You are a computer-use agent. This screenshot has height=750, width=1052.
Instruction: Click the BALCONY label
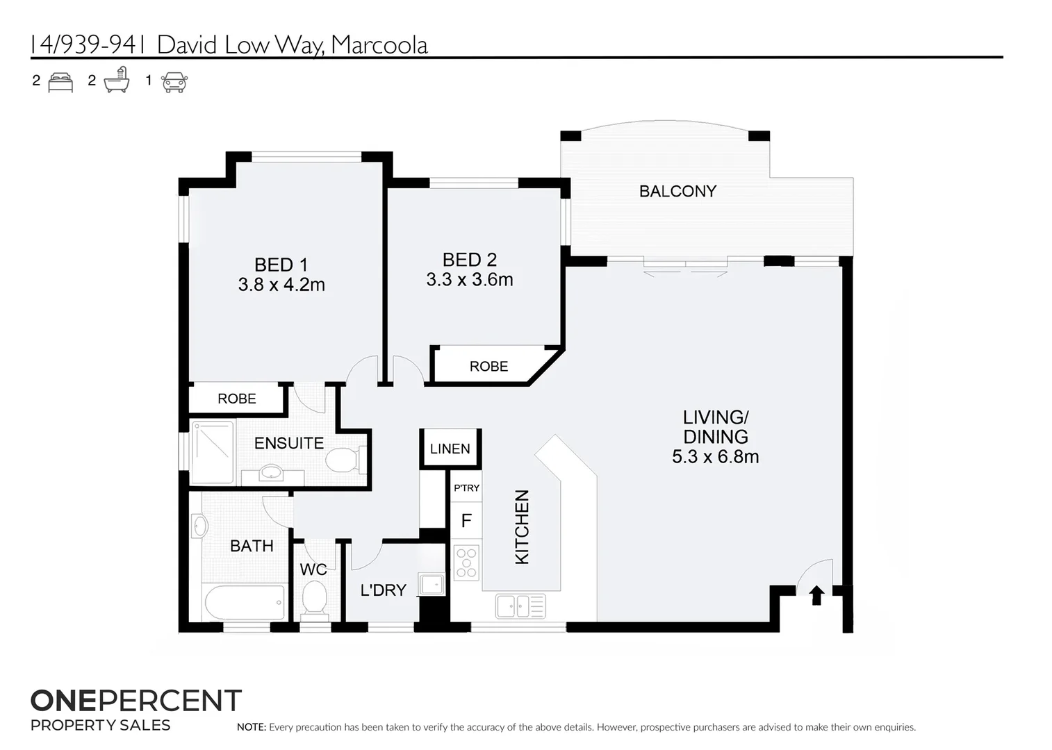coord(677,191)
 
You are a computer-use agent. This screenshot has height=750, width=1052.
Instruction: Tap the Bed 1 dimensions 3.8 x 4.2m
coord(281,285)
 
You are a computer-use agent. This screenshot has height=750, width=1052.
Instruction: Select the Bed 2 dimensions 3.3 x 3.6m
coord(470,280)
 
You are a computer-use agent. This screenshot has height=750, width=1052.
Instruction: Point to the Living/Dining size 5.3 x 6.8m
coord(715,457)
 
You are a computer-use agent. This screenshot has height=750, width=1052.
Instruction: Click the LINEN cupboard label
coord(450,449)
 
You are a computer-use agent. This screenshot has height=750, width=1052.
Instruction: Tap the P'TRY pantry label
coord(466,488)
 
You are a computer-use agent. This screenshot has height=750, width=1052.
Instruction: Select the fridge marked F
coord(466,520)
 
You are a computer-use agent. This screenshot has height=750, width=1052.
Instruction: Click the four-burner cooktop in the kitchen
coord(466,563)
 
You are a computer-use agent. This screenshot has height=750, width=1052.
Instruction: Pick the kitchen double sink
coord(520,606)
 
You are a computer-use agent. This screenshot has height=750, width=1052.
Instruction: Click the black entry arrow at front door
coord(817,595)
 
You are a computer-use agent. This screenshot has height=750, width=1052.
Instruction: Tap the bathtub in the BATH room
coord(244,601)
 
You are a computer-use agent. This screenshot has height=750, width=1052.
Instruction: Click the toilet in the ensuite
coord(342,459)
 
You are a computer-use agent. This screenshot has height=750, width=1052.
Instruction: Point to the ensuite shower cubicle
coord(213,451)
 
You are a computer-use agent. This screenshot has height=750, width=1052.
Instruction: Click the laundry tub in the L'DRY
coord(432,585)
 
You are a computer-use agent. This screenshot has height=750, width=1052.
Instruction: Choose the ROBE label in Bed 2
coord(488,366)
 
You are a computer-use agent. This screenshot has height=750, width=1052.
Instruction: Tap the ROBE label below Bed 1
coord(236,399)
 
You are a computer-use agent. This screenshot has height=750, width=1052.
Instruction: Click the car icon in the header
coord(174,82)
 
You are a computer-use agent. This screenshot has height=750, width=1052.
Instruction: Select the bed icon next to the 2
coord(60,82)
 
